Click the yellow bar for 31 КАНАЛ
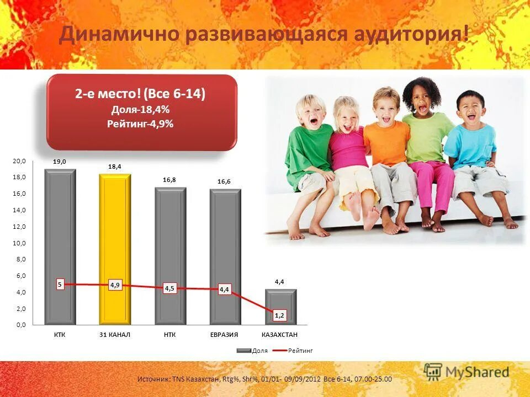coord(115,232)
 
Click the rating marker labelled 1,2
coord(280,315)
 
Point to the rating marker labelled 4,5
coord(169,288)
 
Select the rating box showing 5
coord(60,285)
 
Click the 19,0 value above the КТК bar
coord(60,162)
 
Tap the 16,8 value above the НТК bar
coord(169,180)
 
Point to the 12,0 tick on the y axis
coord(19,227)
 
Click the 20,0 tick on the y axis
coord(19,161)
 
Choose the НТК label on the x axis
coord(169,335)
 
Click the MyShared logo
coord(467,372)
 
